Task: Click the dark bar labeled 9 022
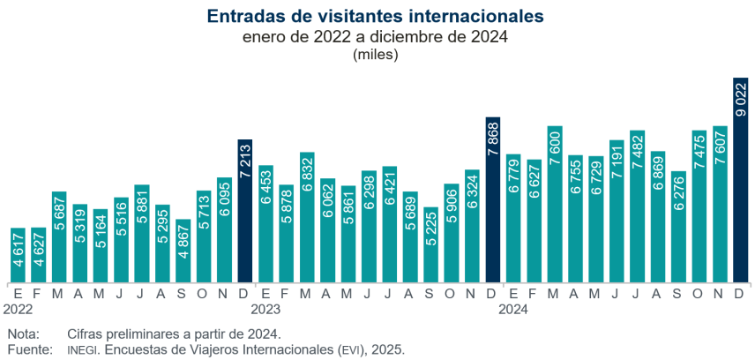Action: point(741,180)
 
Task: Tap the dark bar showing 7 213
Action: point(245,211)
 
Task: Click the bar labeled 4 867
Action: point(183,251)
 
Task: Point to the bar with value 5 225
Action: point(430,245)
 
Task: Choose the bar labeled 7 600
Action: point(555,204)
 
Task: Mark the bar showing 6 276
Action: point(678,227)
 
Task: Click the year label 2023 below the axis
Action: point(265,310)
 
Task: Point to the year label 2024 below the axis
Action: point(513,310)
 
